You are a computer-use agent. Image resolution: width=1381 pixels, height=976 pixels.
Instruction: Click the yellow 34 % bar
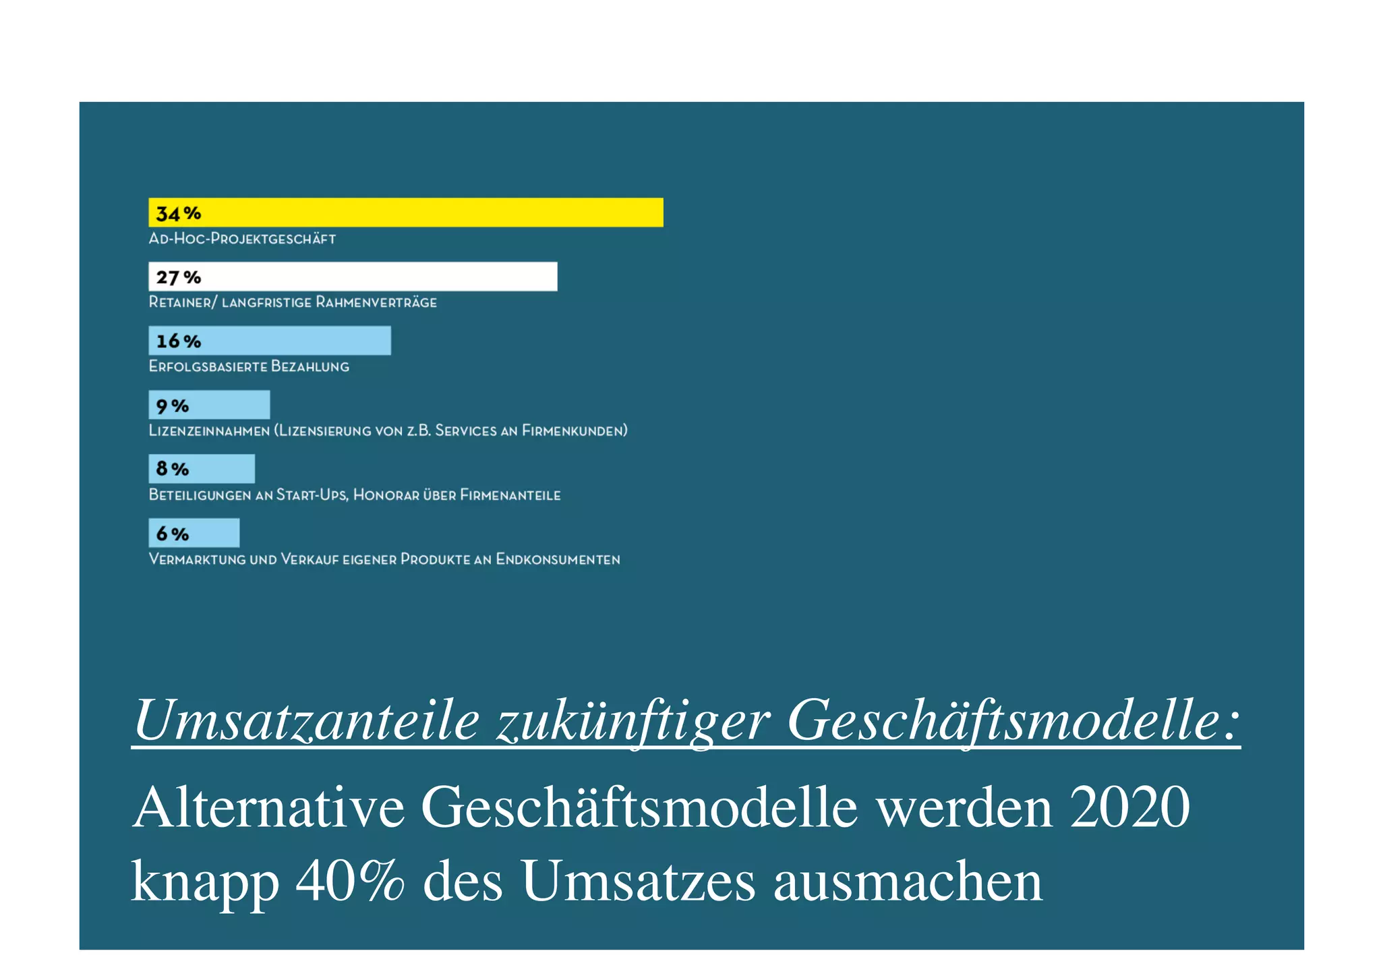pos(405,212)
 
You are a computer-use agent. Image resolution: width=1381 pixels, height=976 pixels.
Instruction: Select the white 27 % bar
pos(353,277)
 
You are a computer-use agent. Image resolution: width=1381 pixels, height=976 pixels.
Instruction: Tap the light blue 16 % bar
pos(270,341)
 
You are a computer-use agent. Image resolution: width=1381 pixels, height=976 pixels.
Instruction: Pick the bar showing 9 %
pos(209,405)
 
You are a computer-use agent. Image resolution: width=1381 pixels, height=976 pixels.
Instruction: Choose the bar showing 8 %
pos(202,469)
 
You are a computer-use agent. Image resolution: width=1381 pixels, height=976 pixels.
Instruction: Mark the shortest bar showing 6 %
pos(194,533)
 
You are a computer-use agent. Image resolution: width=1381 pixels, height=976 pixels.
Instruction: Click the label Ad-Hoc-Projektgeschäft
pos(242,239)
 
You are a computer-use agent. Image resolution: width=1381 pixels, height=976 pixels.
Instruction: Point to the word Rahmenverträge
pos(376,302)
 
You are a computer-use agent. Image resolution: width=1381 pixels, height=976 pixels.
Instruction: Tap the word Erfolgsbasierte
pos(207,366)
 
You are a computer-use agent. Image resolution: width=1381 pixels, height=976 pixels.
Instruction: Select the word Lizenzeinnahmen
pos(209,430)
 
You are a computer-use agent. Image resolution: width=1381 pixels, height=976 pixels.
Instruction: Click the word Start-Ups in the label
pos(312,495)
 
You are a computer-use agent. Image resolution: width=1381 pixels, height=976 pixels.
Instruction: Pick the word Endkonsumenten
pos(558,559)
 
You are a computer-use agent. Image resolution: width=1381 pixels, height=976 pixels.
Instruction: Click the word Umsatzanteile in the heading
pos(307,720)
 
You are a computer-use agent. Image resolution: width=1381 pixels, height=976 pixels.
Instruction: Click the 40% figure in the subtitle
pos(350,882)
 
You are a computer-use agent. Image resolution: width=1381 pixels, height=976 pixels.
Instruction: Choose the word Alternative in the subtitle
pos(268,807)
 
